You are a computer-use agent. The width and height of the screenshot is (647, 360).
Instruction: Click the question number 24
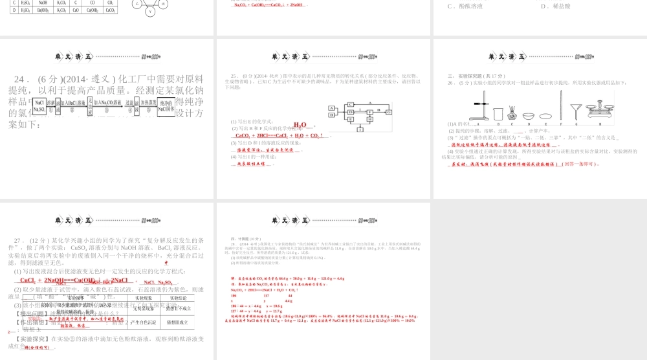point(25,79)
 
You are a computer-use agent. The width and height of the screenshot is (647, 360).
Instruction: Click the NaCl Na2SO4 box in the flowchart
point(39,106)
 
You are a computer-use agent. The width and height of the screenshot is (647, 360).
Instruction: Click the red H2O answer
point(300,124)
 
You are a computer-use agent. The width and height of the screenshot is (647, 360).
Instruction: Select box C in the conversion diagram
point(350,104)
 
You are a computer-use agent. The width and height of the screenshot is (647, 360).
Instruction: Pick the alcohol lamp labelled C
point(514,113)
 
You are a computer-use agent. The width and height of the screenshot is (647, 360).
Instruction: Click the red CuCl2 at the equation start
point(30,280)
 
